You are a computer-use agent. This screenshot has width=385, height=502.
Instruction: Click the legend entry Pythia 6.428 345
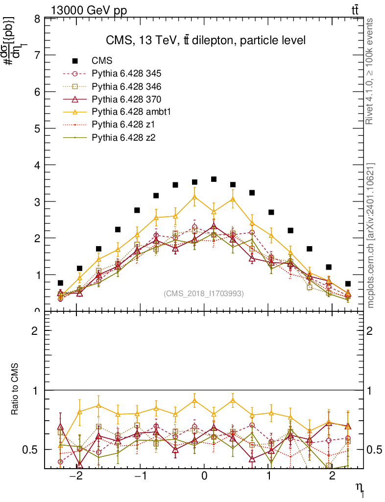[126, 74]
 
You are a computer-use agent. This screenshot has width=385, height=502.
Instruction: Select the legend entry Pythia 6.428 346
[126, 87]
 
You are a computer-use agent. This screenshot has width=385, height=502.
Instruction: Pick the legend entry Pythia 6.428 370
[126, 100]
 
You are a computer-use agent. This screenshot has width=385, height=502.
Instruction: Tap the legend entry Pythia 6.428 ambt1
[129, 112]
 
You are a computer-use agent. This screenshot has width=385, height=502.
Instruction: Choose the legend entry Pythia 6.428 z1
[123, 125]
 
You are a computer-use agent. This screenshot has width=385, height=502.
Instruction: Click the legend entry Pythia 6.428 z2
[123, 138]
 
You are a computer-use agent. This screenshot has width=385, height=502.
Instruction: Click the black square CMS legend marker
[75, 61]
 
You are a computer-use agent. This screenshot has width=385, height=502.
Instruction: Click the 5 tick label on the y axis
[37, 128]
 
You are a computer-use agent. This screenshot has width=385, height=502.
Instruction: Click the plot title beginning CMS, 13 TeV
[206, 40]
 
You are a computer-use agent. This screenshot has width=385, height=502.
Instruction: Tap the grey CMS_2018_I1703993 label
[203, 293]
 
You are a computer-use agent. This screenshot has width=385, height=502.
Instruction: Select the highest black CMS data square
[214, 179]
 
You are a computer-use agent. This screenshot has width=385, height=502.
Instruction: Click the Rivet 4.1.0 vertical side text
[370, 72]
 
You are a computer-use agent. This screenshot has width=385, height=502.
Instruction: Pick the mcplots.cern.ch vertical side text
[370, 235]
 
